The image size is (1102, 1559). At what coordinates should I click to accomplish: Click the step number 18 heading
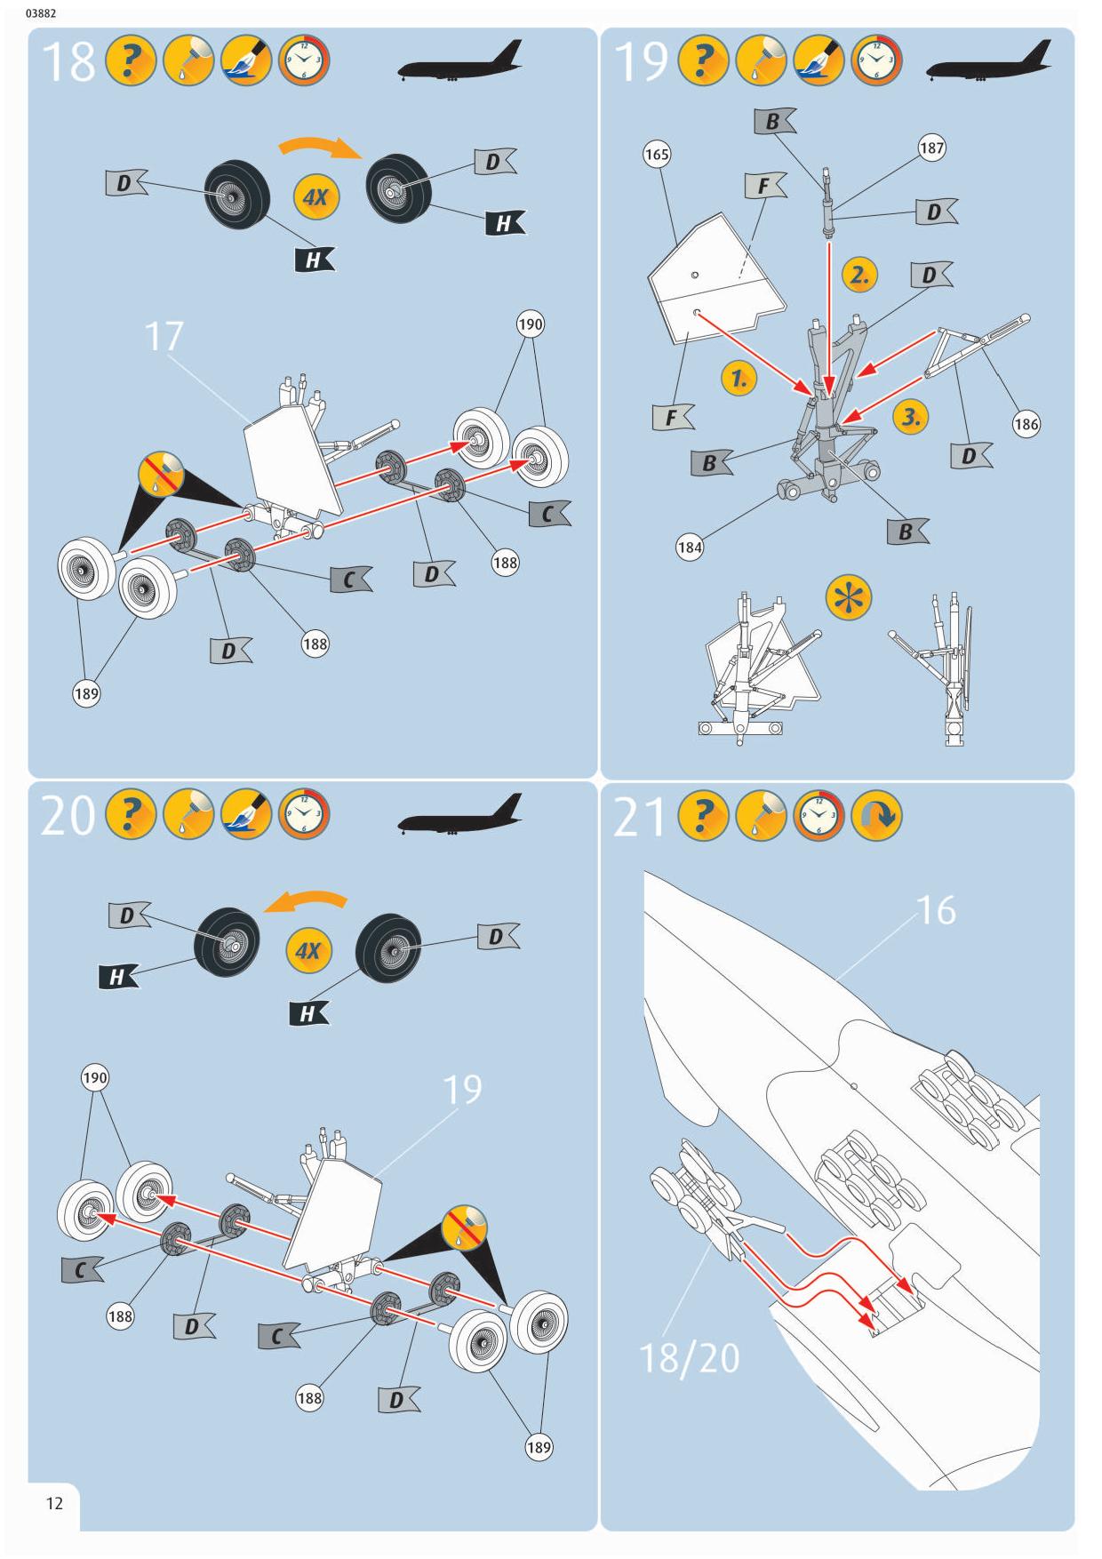68,62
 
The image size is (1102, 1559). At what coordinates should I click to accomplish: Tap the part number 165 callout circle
657,155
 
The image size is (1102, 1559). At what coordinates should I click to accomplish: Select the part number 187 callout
931,148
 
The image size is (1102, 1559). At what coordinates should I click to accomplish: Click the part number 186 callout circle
1026,424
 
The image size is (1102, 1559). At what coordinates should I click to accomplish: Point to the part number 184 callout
690,547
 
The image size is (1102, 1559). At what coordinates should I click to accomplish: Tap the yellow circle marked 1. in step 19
739,379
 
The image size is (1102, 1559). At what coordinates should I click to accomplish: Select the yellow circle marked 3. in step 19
911,416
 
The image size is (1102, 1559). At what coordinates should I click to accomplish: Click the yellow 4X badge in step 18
315,196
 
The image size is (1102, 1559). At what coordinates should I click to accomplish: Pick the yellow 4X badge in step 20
307,951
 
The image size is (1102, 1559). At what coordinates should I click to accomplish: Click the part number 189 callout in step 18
86,693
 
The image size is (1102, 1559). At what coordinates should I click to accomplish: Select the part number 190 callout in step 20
95,1078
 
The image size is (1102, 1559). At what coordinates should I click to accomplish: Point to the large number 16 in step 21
936,910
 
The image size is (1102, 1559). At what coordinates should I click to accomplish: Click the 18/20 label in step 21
689,1358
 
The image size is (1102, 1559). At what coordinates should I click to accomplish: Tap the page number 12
54,1504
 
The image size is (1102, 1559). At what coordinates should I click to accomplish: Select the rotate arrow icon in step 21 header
876,815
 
